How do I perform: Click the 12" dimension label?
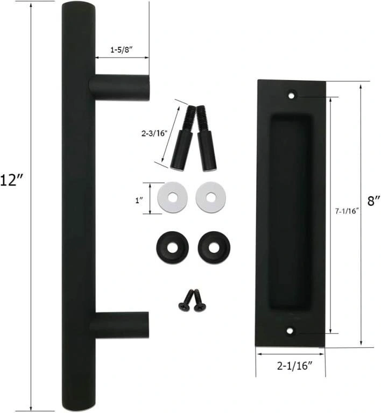[12, 180]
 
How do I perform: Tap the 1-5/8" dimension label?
[121, 50]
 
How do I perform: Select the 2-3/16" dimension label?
[154, 133]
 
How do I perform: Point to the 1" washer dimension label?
[139, 201]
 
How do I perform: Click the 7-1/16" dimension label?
[347, 211]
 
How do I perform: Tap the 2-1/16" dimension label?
[294, 366]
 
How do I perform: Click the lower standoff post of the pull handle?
[120, 325]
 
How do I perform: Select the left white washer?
[172, 197]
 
